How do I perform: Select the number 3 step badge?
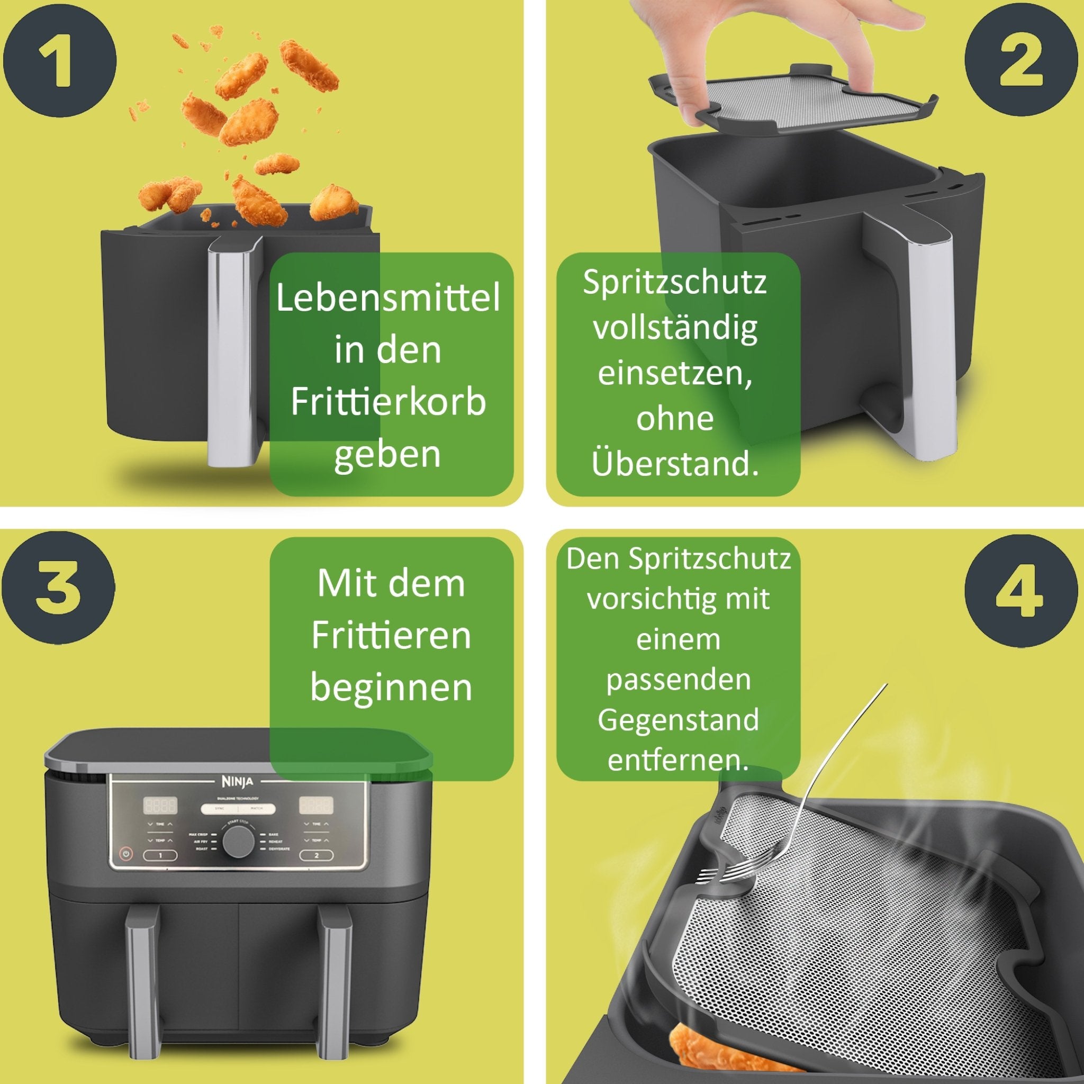tap(58, 589)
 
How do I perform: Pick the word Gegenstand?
tap(678, 719)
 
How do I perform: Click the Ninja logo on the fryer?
tap(238, 782)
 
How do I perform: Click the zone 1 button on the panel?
tap(160, 856)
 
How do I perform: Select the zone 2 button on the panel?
tap(316, 856)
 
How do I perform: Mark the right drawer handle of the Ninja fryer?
tap(335, 988)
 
